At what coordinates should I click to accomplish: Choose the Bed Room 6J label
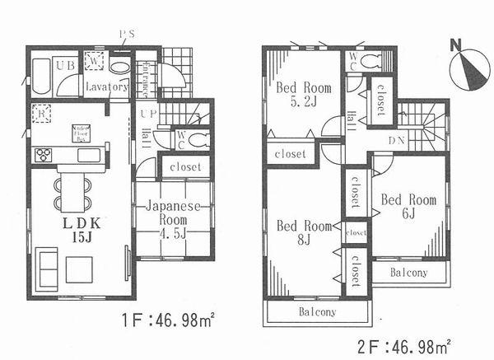click(x=408, y=206)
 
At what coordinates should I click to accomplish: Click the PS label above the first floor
click(x=127, y=35)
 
